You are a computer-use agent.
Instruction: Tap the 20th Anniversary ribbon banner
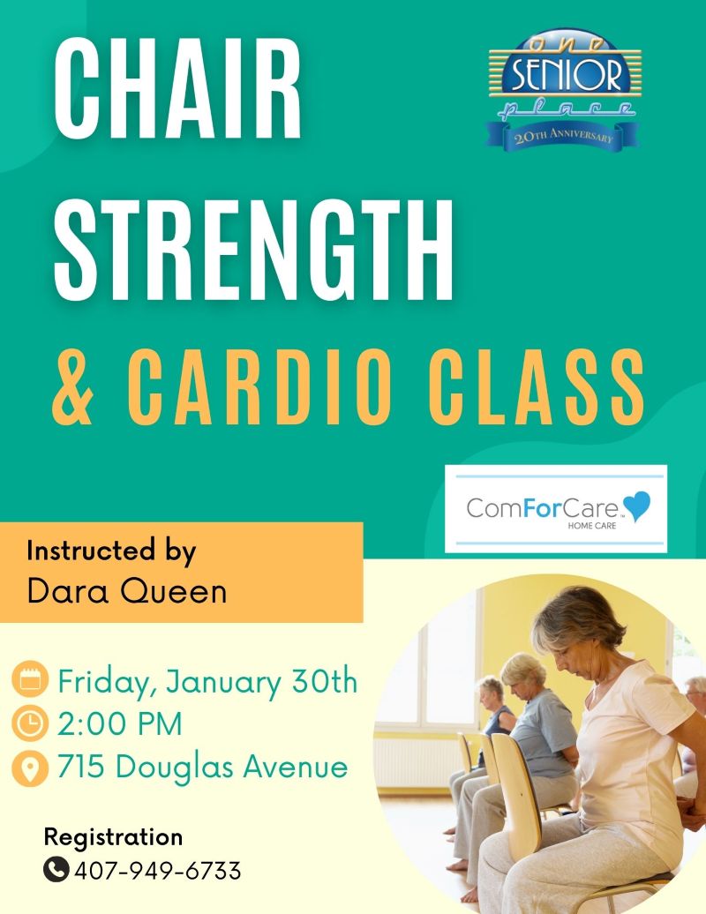tap(563, 137)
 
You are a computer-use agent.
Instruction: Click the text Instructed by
tap(110, 551)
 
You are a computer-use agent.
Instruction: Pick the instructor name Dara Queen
tap(126, 591)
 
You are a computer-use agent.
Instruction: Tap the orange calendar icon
tap(30, 680)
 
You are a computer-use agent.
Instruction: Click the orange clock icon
tap(30, 723)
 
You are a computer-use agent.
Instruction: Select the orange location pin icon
tap(30, 768)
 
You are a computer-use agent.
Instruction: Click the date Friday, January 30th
tap(207, 682)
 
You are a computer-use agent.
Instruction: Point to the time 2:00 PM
tap(119, 724)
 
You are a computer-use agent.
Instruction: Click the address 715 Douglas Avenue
tap(202, 767)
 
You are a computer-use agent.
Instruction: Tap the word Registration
tap(113, 836)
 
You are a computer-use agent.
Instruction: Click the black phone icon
tap(56, 871)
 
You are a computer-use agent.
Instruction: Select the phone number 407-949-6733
tap(157, 872)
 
